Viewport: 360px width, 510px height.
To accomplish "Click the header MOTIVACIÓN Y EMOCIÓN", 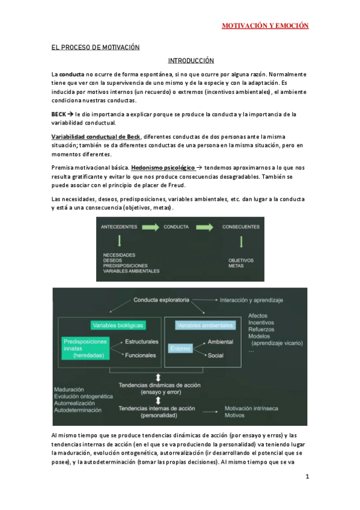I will click(265, 26).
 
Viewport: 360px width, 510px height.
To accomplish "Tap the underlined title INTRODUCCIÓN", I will click(191, 60).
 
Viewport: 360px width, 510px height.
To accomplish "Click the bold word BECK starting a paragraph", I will click(59, 114).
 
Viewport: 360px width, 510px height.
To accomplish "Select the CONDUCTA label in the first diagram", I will click(176, 227).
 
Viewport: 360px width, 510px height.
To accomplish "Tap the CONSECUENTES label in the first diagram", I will click(241, 227).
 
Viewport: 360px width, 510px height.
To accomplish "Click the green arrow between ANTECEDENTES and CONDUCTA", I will click(151, 227).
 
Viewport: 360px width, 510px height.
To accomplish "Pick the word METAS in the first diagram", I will click(236, 265).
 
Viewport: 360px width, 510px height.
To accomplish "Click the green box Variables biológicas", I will click(118, 325).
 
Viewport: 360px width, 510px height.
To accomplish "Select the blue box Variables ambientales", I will click(204, 325).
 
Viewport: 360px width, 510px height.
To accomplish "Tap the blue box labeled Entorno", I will click(180, 348).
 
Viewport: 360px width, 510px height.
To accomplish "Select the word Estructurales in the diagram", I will click(142, 342).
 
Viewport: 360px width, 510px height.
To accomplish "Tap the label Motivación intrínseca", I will click(251, 408).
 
